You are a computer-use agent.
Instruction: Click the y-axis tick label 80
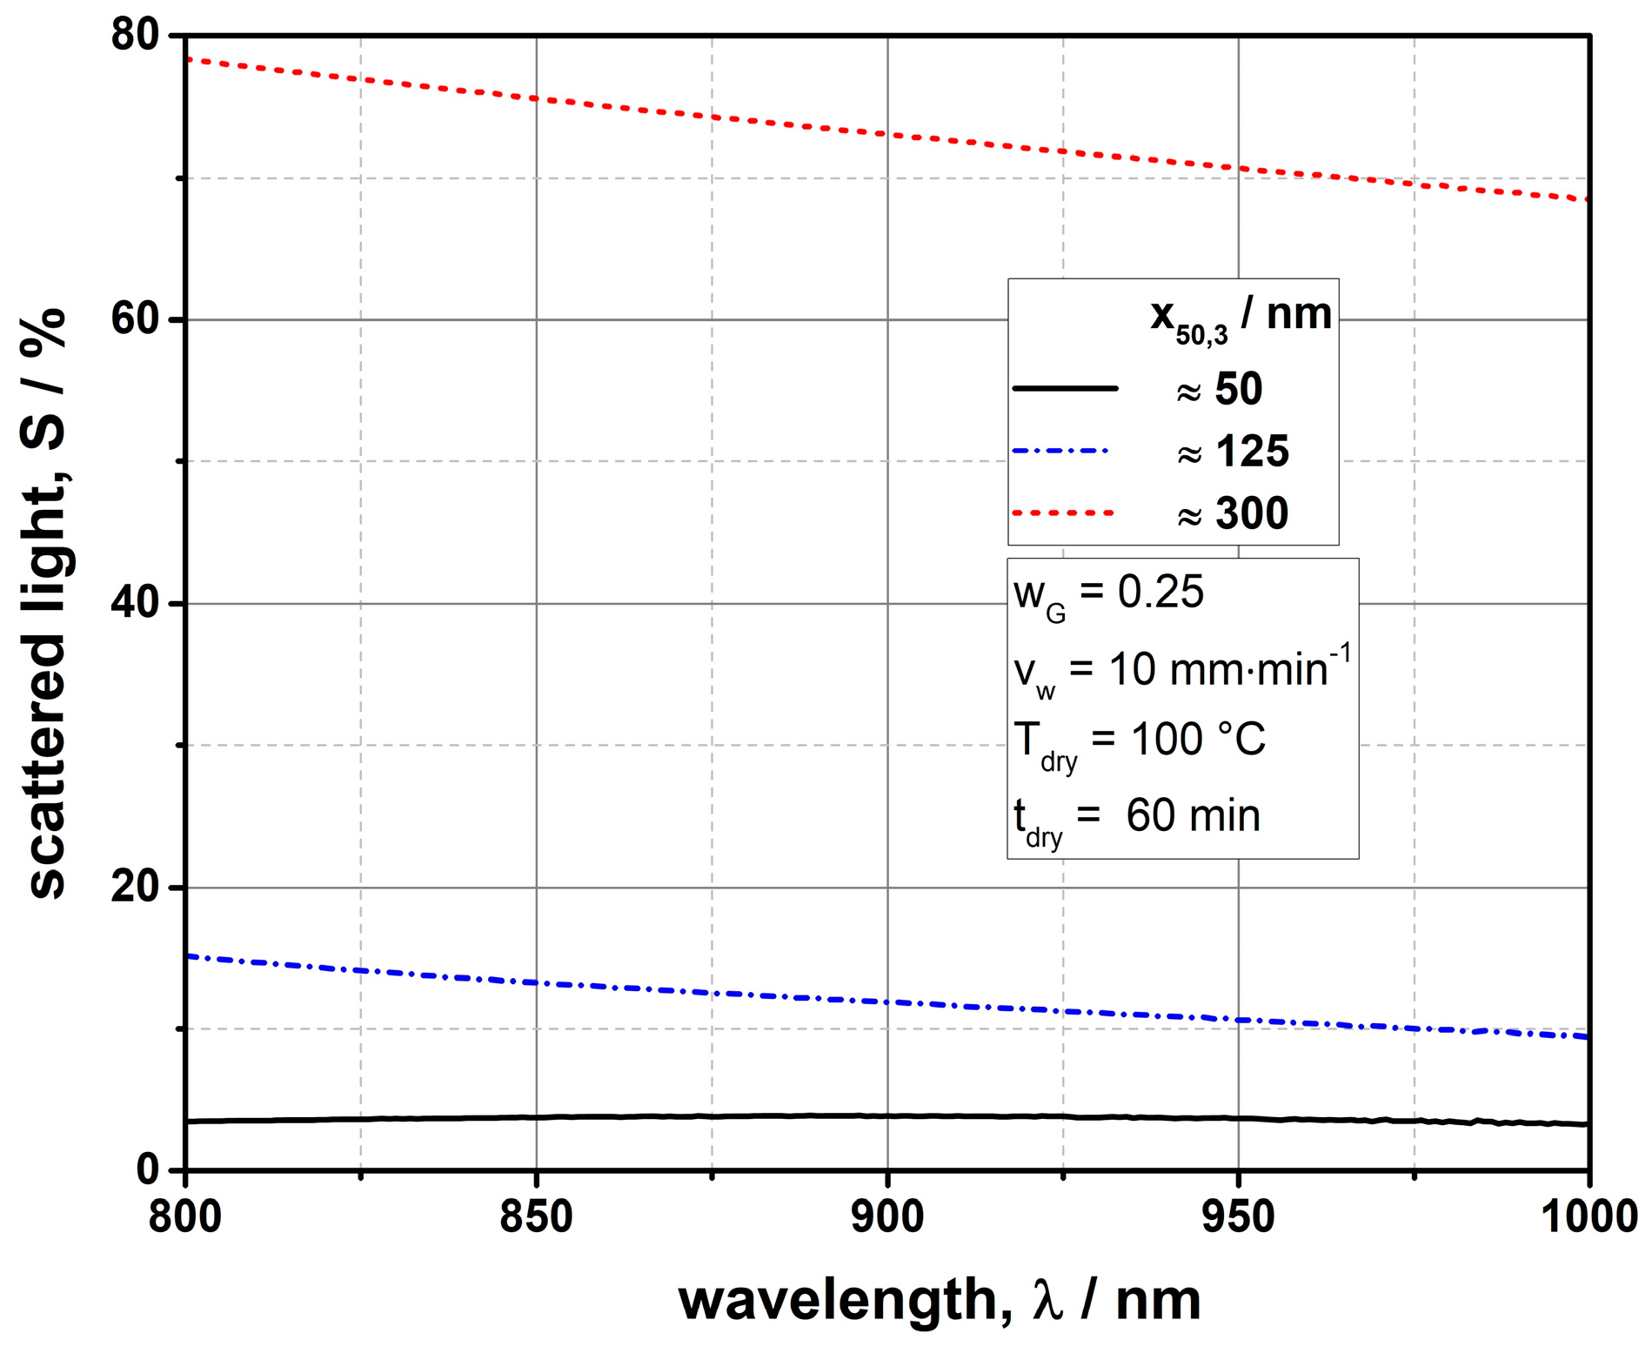coord(136,36)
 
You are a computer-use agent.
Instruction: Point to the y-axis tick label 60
coord(136,320)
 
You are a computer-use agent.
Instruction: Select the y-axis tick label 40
coord(136,604)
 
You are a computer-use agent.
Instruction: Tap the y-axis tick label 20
coord(136,887)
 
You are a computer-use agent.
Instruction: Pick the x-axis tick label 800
coord(185,1216)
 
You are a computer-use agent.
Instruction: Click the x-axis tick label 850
coord(536,1216)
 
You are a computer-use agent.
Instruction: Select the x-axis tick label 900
coord(887,1216)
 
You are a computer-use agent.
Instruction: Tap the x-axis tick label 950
coord(1238,1216)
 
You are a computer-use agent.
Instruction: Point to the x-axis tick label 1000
coord(1589,1216)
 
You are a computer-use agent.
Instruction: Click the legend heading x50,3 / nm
coord(1241,318)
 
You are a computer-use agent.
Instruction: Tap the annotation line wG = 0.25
coord(1109,595)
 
